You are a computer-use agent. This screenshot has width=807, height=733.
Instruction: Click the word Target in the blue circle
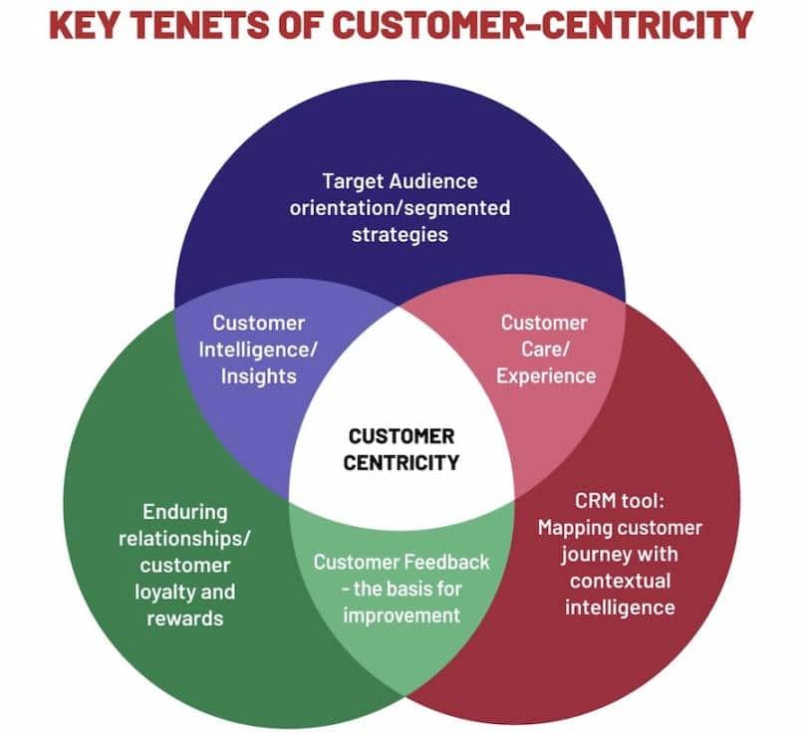(353, 181)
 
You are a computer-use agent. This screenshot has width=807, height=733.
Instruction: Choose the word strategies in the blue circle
(400, 235)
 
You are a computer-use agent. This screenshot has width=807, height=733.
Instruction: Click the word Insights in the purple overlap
(258, 375)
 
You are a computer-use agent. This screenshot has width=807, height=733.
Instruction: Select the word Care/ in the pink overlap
(545, 349)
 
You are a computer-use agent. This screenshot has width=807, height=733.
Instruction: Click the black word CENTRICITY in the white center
(402, 462)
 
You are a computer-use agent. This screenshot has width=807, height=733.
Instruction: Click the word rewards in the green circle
(183, 617)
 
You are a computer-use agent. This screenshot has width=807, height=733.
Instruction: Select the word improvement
(402, 614)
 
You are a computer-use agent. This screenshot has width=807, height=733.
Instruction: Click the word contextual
(619, 580)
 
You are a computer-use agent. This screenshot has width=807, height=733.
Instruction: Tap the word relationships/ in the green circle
(184, 539)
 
